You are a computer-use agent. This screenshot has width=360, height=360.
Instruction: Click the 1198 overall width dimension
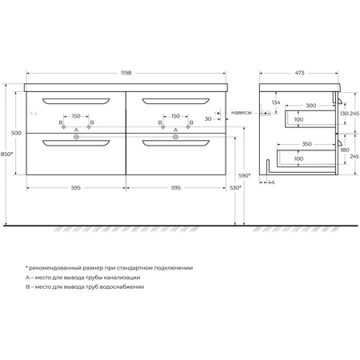click(126, 73)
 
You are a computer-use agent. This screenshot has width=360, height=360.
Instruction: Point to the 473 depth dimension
click(299, 73)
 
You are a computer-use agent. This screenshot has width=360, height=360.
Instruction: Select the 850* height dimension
click(6, 154)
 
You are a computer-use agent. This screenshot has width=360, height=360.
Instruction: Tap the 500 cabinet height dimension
click(16, 133)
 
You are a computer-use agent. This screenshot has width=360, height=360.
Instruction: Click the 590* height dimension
click(244, 175)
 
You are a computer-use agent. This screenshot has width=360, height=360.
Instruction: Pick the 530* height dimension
click(235, 188)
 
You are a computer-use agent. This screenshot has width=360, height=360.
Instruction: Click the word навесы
click(242, 113)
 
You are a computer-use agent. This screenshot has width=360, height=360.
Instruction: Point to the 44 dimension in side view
click(271, 182)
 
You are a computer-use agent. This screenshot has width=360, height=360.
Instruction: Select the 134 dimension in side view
click(276, 102)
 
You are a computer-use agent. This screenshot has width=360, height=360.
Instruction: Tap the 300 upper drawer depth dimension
click(311, 106)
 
